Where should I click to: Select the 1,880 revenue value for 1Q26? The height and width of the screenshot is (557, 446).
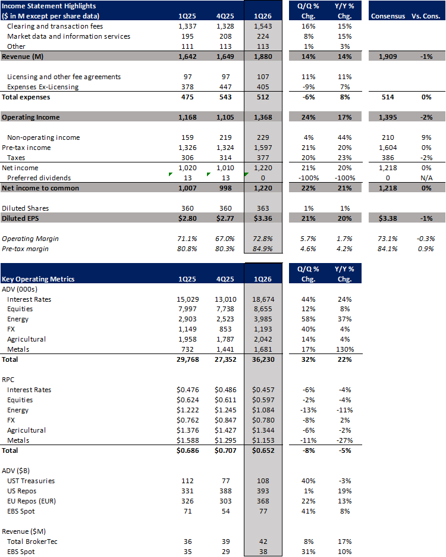(262, 57)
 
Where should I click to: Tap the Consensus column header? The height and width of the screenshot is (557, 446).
(388, 16)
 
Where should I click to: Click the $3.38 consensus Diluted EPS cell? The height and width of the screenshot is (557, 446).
(390, 218)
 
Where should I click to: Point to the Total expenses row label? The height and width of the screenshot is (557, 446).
(26, 97)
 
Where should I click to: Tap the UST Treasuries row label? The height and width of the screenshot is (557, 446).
(30, 481)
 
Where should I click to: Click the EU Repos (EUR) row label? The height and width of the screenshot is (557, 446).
(33, 502)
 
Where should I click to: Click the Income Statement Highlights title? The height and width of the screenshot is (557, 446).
(46, 6)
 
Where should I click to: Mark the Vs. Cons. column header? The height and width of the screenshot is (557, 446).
(426, 16)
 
